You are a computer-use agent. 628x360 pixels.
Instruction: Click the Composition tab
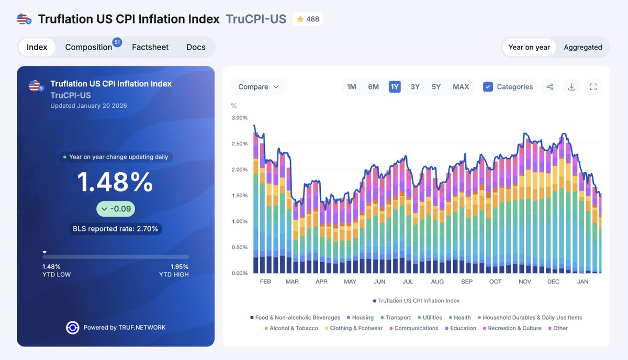pos(88,47)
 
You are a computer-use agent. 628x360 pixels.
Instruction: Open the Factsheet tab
pos(150,47)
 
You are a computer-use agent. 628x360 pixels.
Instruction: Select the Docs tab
pos(196,47)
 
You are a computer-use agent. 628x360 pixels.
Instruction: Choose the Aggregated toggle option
pos(582,47)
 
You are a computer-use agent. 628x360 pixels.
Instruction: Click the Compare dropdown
pos(259,87)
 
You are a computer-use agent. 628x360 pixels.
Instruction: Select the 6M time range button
pos(373,87)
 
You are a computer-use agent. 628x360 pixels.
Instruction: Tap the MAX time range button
pos(461,87)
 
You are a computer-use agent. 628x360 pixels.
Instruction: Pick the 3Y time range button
pos(415,87)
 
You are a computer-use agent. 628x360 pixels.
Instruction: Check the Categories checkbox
pos(488,87)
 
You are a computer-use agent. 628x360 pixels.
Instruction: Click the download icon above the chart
pos(571,87)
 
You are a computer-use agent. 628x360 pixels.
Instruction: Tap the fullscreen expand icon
pos(593,87)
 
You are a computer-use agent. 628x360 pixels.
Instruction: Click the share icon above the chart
pos(549,87)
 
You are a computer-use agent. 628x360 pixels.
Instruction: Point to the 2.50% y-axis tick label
pos(239,144)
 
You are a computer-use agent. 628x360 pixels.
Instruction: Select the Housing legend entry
pos(363,318)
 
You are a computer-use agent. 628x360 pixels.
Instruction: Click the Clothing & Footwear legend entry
pos(356,328)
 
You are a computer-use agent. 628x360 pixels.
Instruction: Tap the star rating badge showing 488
pos(308,19)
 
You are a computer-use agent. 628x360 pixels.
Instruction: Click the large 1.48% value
pos(115,182)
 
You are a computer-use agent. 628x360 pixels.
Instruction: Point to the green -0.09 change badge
pos(116,209)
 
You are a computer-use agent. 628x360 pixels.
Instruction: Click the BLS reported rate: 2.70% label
pos(116,229)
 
